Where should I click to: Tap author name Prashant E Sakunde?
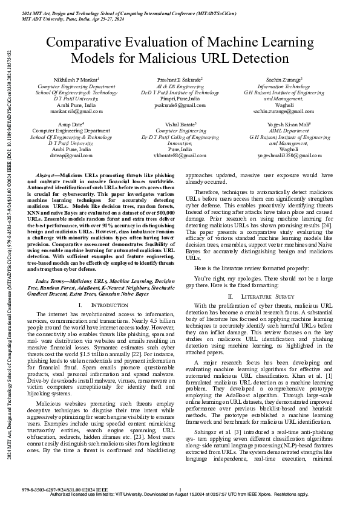[x=180, y=80]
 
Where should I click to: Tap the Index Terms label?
[x=52, y=282]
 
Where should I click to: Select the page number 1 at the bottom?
[x=180, y=490]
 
